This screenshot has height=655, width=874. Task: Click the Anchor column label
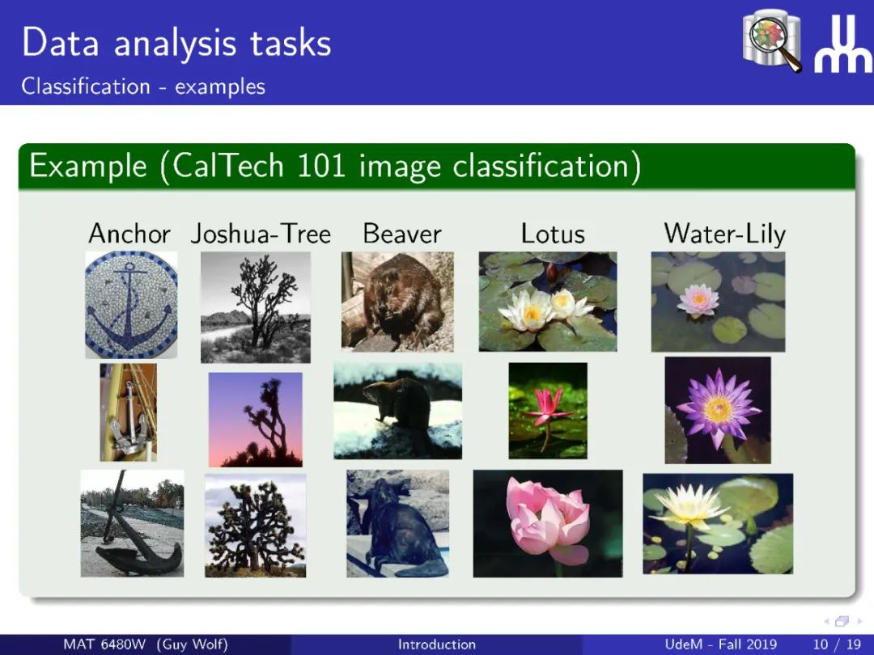pyautogui.click(x=129, y=234)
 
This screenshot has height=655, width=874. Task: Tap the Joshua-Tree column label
pyautogui.click(x=261, y=234)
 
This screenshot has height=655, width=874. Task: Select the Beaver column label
pyautogui.click(x=402, y=234)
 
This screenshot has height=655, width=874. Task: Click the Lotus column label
pyautogui.click(x=553, y=234)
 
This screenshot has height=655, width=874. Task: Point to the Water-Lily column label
pyautogui.click(x=724, y=235)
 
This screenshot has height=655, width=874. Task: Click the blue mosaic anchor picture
pyautogui.click(x=131, y=304)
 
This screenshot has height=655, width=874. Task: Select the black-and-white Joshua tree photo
pyautogui.click(x=255, y=307)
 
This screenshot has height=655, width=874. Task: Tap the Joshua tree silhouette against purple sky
pyautogui.click(x=255, y=420)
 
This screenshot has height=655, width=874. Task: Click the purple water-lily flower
pyautogui.click(x=718, y=409)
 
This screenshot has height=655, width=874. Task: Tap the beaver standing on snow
pyautogui.click(x=398, y=411)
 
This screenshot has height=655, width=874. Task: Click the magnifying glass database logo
pyautogui.click(x=772, y=40)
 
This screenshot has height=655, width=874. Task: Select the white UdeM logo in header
pyautogui.click(x=842, y=44)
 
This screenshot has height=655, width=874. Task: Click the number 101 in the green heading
pyautogui.click(x=321, y=166)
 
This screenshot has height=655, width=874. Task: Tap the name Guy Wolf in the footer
pyautogui.click(x=193, y=644)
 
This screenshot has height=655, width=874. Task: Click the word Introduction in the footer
pyautogui.click(x=437, y=644)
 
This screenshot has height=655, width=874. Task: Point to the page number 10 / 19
pyautogui.click(x=838, y=644)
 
